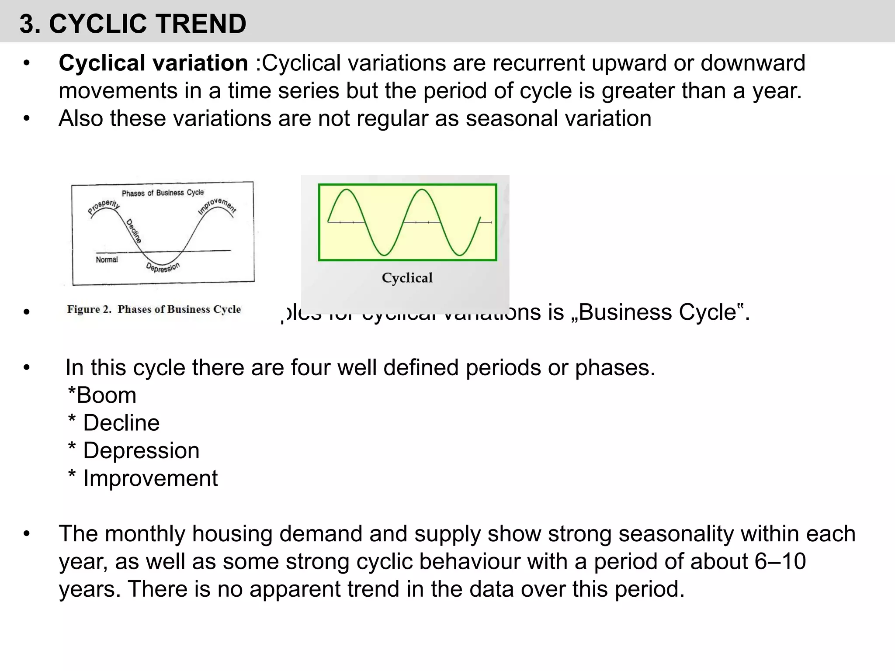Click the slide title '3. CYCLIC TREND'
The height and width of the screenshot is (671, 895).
tap(133, 24)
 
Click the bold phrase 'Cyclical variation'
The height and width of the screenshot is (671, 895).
tap(153, 63)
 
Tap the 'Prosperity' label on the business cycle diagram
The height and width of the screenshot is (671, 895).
tap(104, 207)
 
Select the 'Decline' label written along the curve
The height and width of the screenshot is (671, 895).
tap(134, 231)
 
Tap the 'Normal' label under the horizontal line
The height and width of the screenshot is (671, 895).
tap(107, 260)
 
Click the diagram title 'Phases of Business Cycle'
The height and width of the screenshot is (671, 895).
tap(163, 193)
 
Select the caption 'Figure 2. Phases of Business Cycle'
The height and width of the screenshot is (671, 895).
tap(154, 309)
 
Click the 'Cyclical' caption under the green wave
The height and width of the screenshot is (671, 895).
tap(407, 278)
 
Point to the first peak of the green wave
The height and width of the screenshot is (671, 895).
tap(346, 190)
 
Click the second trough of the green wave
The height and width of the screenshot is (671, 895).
tap(460, 255)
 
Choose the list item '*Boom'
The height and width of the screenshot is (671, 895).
tap(102, 395)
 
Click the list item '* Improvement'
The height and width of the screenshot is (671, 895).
tap(143, 478)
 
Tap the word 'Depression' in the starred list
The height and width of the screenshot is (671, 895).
tap(141, 451)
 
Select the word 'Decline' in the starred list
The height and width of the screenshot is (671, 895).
tap(121, 423)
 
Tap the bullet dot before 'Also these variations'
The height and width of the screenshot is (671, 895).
tap(27, 118)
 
